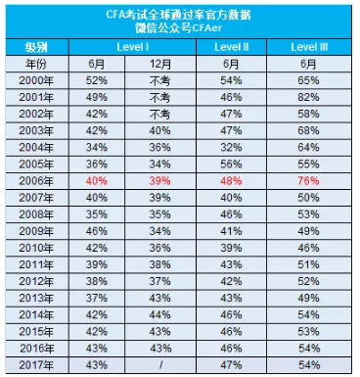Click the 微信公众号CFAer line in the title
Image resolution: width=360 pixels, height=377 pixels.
click(x=181, y=28)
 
